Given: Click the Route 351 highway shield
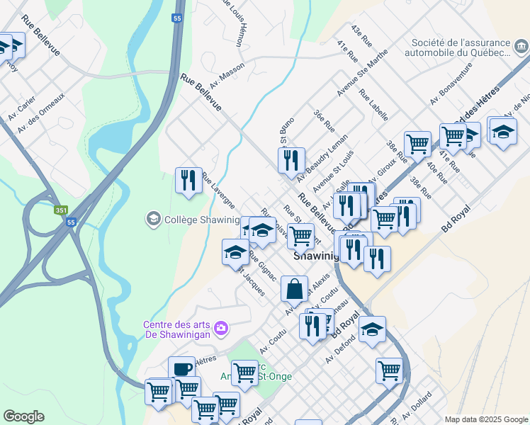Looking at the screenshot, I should [x=62, y=210].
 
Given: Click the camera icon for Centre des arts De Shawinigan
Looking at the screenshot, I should [x=222, y=327].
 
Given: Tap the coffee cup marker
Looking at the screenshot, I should [x=181, y=369].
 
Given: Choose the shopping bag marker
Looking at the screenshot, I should [x=295, y=289].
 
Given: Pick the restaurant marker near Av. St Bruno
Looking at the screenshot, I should [x=291, y=159].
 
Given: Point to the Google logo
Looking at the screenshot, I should [x=23, y=416].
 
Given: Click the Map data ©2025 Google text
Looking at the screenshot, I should [x=485, y=419].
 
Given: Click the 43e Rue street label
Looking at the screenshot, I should [x=361, y=36].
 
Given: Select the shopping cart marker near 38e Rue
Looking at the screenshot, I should [x=417, y=143].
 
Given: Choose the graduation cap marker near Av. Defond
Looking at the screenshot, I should [x=372, y=329].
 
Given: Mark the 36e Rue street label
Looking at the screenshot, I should [x=325, y=122].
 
